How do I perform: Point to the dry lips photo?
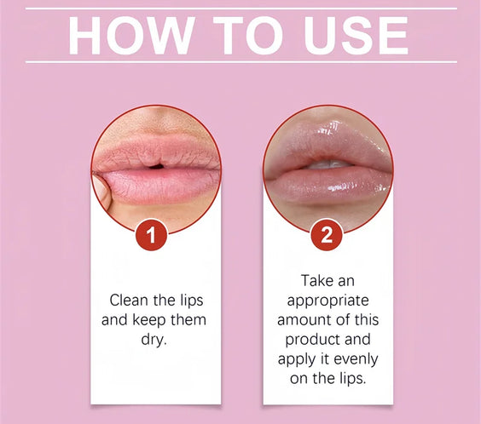155,167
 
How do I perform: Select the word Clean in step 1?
130,301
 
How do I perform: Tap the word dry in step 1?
155,338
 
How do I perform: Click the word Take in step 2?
317,280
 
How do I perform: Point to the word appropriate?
327,300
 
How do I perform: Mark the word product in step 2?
304,338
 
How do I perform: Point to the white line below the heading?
240,62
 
